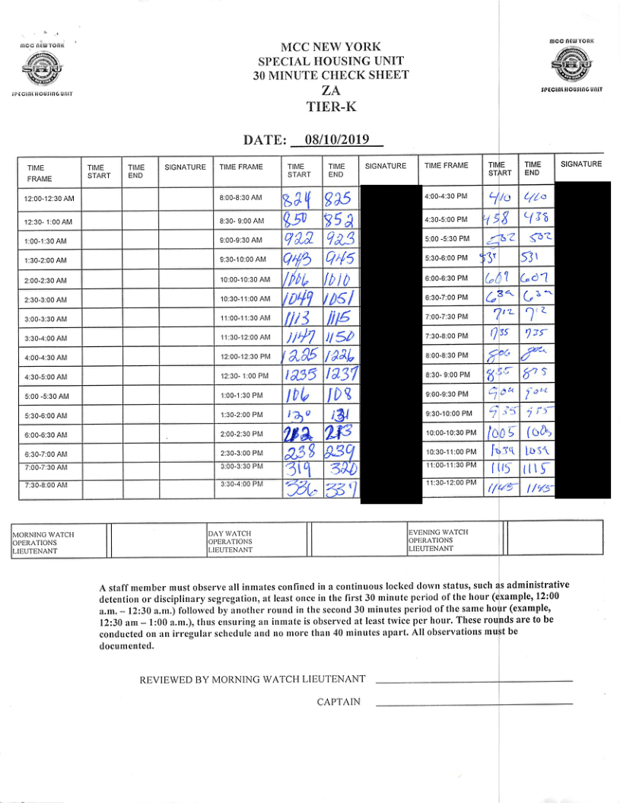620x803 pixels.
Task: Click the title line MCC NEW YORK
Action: [331, 46]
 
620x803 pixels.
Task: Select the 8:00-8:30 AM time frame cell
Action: [240, 197]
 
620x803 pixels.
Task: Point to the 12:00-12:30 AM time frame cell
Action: [49, 199]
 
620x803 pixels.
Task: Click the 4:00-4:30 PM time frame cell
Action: [447, 196]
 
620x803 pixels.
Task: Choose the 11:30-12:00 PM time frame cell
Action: [450, 483]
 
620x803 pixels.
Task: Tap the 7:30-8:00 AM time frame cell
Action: [46, 484]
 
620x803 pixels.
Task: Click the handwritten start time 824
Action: [297, 200]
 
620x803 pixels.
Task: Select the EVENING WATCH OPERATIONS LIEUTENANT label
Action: [439, 540]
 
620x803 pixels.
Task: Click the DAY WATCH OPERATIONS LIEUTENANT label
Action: [230, 541]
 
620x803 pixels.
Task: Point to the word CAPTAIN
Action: [339, 702]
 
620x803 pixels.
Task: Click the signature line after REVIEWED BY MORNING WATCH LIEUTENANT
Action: [473, 680]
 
